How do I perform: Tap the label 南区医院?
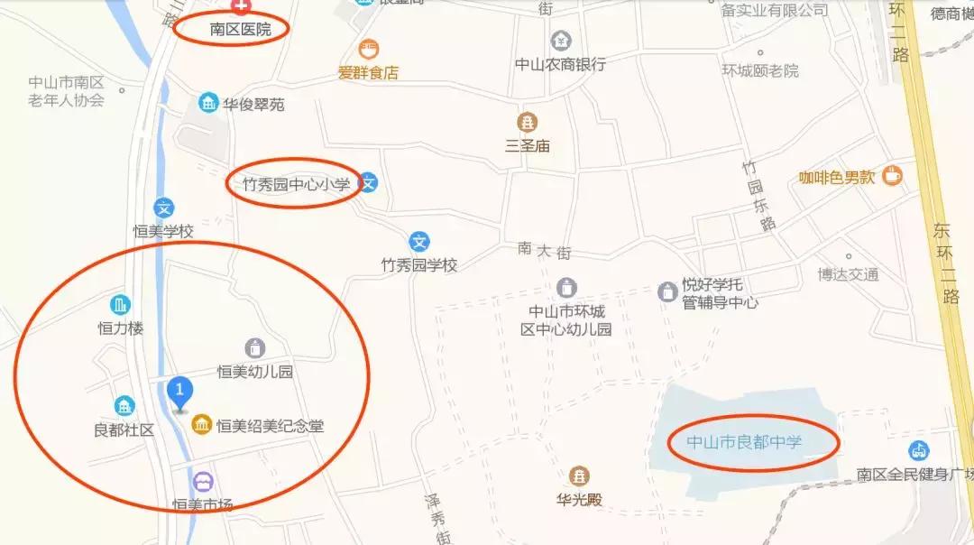coord(240,30)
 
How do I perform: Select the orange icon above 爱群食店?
coord(369,49)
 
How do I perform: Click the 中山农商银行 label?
coord(560,64)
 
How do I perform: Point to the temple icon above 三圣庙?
coord(527,122)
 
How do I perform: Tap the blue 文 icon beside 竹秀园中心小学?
coord(368,183)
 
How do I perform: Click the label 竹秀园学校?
coord(419,265)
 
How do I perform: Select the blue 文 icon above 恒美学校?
coord(163,208)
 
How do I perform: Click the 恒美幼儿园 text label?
coord(255,371)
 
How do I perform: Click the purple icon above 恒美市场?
coord(203,481)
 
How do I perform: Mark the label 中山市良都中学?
coord(744,442)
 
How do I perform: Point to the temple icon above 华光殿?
coord(579,476)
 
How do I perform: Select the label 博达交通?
coord(848,274)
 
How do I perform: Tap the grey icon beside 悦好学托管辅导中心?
coord(667,291)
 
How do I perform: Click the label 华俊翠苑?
coord(254,105)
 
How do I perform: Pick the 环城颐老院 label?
coord(760,70)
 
